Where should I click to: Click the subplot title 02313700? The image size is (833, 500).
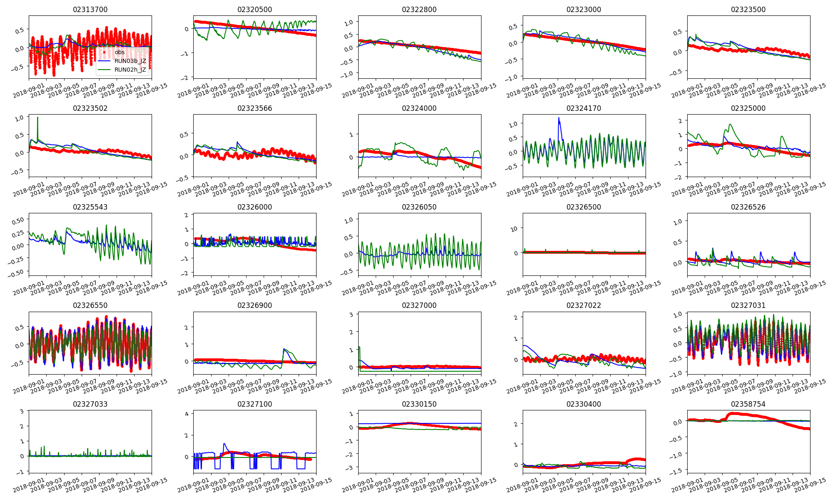tap(90, 10)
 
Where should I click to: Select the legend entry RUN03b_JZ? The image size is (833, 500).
tap(130, 61)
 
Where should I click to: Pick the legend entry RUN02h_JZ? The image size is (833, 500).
tap(130, 70)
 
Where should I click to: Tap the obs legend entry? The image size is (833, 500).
tap(120, 52)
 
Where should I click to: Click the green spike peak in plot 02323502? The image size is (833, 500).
tap(37, 117)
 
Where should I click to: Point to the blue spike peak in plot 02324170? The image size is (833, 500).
tap(559, 118)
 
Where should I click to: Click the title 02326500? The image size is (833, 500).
tap(584, 207)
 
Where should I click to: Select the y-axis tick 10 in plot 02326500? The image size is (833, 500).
tap(514, 229)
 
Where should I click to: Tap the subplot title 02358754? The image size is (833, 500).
tap(748, 404)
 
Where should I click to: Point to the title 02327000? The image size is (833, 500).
tap(419, 305)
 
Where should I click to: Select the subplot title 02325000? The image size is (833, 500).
tap(748, 108)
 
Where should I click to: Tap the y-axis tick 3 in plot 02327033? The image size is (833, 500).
tap(22, 411)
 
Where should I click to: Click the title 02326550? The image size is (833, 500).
tap(90, 305)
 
